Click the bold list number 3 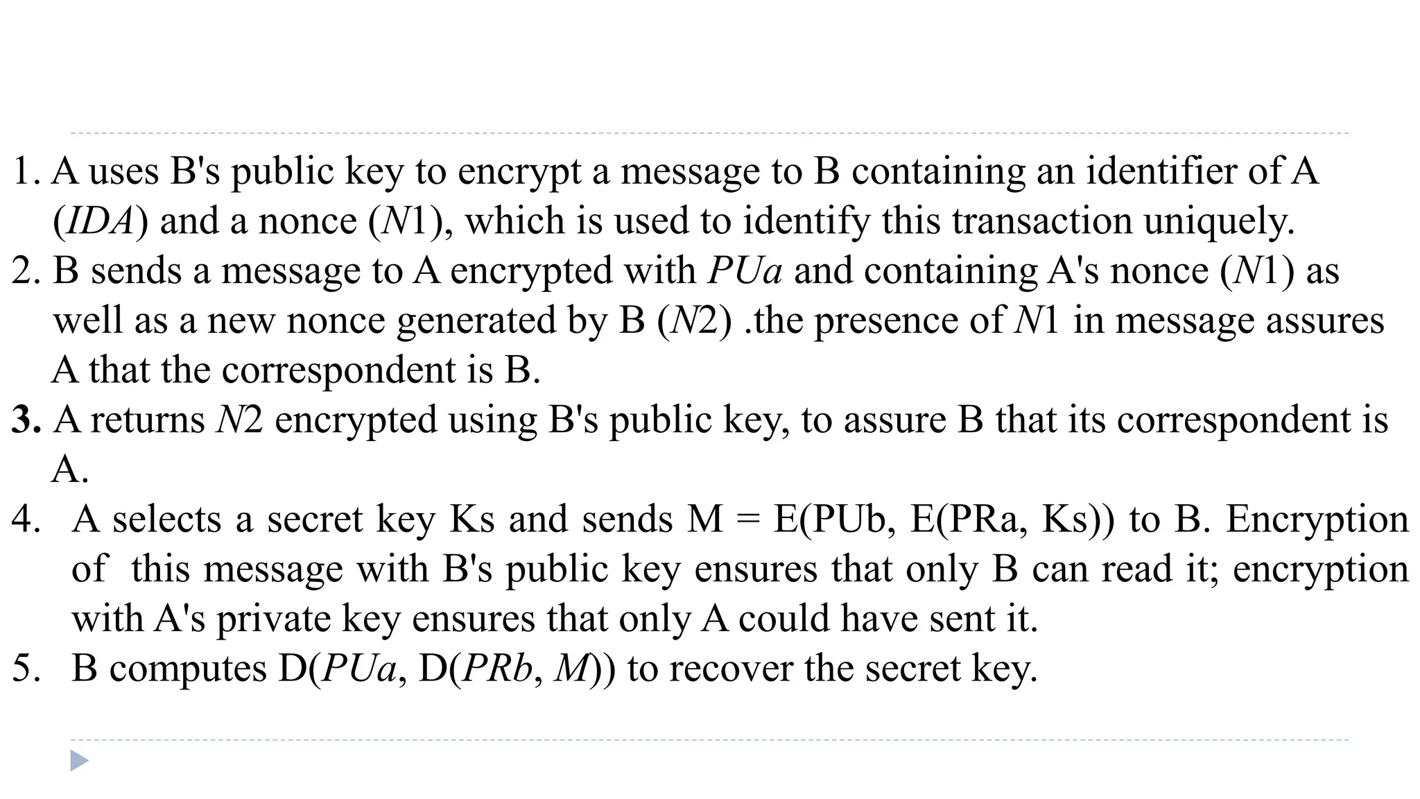coord(26,420)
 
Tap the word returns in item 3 coord(148,420)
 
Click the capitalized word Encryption coord(1317,519)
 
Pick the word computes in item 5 coord(188,669)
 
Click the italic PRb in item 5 coord(496,669)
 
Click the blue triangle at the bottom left coord(79,761)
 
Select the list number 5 coord(26,669)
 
